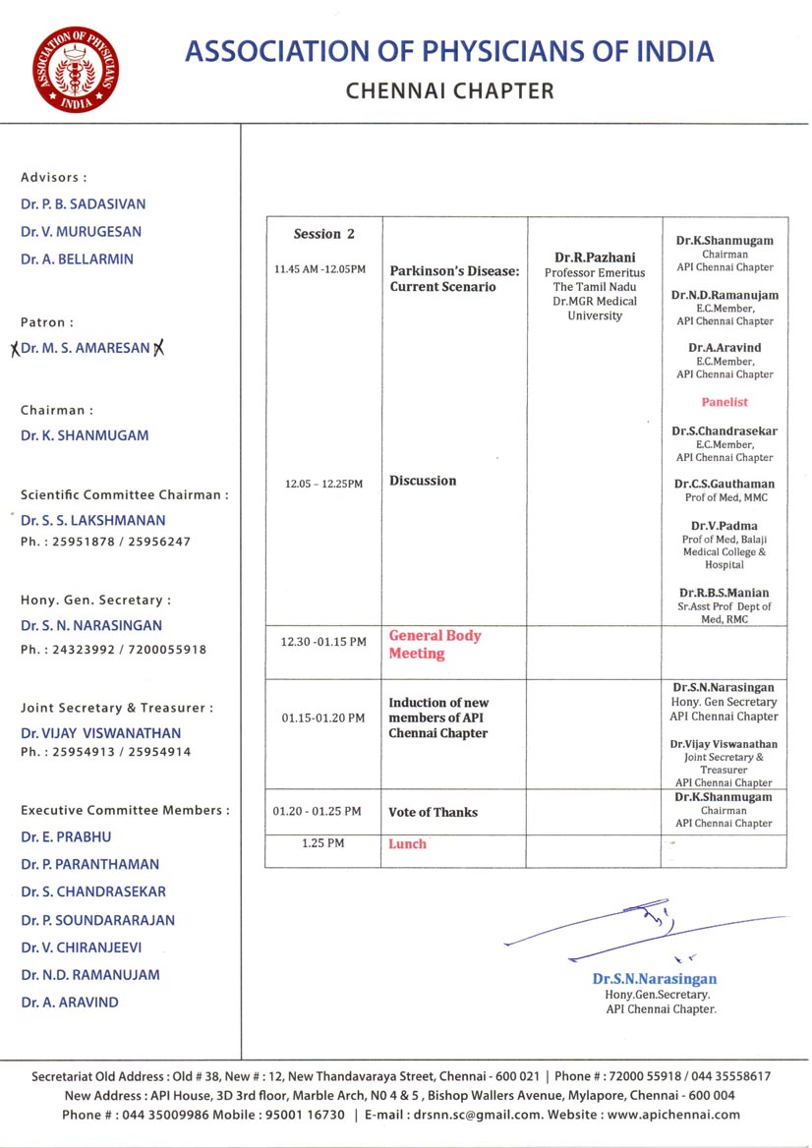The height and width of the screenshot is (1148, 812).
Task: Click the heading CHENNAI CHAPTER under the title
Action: pos(450,91)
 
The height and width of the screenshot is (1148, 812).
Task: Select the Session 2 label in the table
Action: pos(324,234)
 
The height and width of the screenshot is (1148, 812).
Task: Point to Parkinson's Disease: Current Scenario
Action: pos(454,279)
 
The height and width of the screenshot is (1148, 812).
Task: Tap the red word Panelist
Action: pos(725,402)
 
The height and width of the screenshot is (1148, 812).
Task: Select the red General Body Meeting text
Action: pos(435,644)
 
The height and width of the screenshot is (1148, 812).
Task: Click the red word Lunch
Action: pos(407,844)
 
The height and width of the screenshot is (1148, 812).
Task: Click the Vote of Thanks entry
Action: pos(433,812)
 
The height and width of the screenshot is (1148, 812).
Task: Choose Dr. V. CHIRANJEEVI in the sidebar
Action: pos(89,947)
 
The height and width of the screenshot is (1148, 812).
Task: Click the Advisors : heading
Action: pos(54,177)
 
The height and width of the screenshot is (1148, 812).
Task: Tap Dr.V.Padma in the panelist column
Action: pos(725,526)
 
